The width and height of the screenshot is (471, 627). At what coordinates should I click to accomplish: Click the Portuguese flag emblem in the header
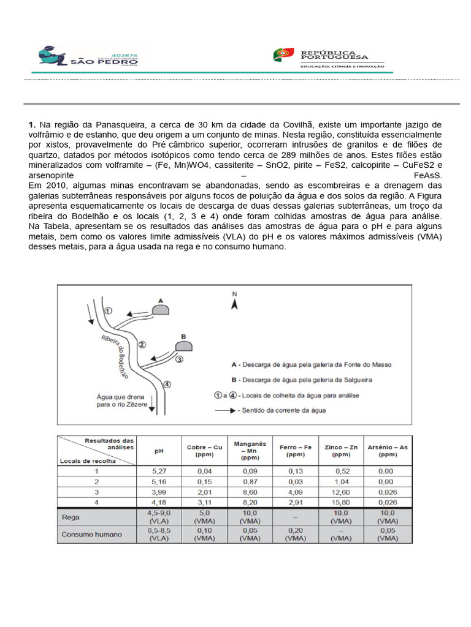(x=283, y=55)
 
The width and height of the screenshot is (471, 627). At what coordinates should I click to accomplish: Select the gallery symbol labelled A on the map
(x=161, y=309)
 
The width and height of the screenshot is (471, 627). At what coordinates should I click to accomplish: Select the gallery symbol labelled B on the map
(x=183, y=346)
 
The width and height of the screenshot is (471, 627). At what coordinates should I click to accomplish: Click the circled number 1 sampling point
(x=108, y=311)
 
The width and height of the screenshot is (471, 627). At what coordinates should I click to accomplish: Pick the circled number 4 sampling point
(x=167, y=384)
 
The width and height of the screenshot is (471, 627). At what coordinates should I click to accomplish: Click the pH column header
(x=159, y=451)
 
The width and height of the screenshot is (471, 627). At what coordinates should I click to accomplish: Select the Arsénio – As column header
(x=388, y=451)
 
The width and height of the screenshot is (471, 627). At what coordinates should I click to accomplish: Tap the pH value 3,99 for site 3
(x=159, y=492)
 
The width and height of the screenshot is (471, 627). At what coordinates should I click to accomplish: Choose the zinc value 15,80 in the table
(x=341, y=503)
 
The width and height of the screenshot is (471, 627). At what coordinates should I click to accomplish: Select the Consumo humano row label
(x=91, y=534)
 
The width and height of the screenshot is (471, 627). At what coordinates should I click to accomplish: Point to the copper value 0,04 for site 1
(x=204, y=471)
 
